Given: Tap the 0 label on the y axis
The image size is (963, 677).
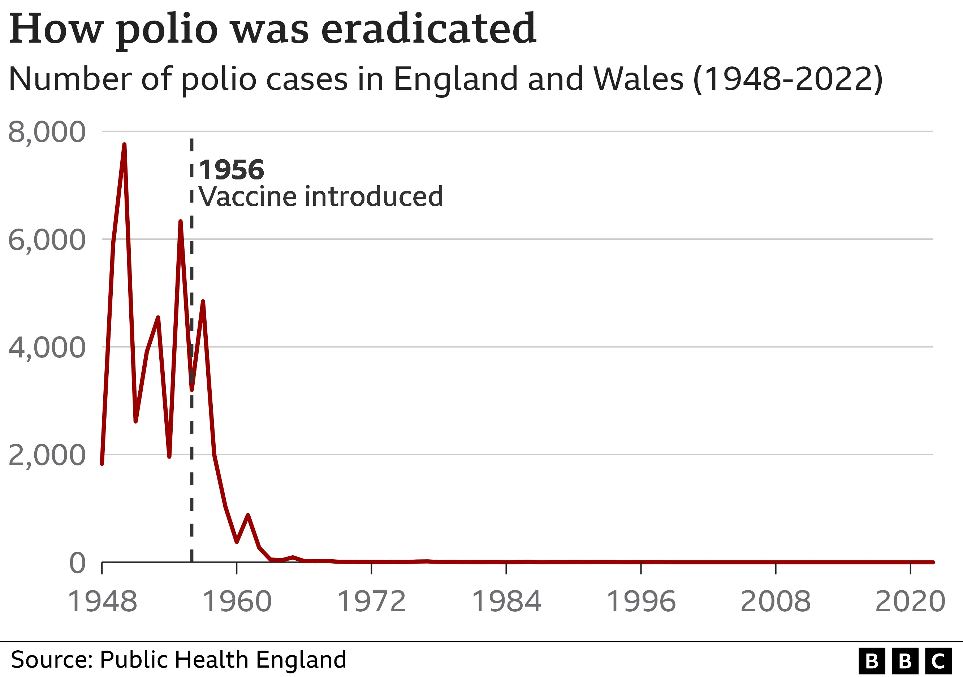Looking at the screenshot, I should (x=78, y=563).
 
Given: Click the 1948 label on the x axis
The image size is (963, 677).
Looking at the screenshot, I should (x=102, y=602).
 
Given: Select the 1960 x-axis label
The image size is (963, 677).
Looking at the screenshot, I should (x=237, y=602).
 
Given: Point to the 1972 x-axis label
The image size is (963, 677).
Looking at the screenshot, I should (x=372, y=602).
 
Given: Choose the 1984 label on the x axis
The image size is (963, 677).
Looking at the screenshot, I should (x=506, y=602).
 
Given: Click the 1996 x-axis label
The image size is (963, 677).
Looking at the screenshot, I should (x=641, y=602).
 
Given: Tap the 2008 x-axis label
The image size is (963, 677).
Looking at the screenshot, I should (x=776, y=602).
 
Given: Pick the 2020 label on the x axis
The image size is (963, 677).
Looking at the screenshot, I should (x=910, y=602).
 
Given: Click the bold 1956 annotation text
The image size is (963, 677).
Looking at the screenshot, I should (x=231, y=170).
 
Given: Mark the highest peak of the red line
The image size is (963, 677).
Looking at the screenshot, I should (x=124, y=145).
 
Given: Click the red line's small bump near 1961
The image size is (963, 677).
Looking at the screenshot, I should (x=248, y=516).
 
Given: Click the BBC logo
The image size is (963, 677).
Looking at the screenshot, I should (x=905, y=661).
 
